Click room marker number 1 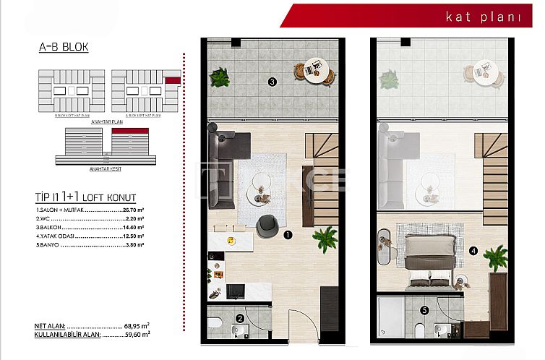(x=287, y=235)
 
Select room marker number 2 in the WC (x=240, y=317)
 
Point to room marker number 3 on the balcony (x=272, y=82)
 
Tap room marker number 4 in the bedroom (x=473, y=251)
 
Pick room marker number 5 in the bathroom (x=424, y=312)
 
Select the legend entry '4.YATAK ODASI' (x=55, y=236)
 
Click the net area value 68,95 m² (x=136, y=327)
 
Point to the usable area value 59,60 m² (x=136, y=335)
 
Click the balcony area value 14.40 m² (x=131, y=227)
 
